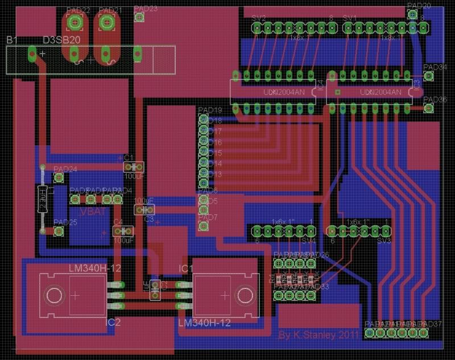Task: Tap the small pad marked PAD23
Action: tap(138, 17)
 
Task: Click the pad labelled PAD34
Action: tap(429, 76)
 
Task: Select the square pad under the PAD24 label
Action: tap(57, 178)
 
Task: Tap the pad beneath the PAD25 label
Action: tap(57, 231)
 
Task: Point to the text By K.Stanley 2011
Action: tap(318, 335)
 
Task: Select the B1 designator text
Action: tap(12, 40)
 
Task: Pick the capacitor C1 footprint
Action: tap(133, 167)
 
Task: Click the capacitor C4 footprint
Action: tap(123, 231)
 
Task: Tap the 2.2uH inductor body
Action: tap(42, 199)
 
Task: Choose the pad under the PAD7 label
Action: tap(203, 226)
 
